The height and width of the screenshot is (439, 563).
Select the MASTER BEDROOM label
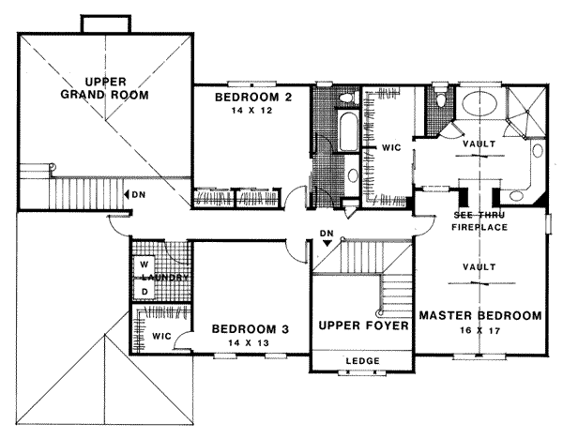point(479,315)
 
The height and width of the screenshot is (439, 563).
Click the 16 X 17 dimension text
point(479,330)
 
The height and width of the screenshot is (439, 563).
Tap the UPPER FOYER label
point(362,326)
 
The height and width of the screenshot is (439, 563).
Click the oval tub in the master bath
point(479,102)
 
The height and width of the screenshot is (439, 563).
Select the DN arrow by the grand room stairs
point(132,194)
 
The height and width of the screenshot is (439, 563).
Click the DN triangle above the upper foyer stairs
point(327,243)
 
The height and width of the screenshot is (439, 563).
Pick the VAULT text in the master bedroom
point(479,267)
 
